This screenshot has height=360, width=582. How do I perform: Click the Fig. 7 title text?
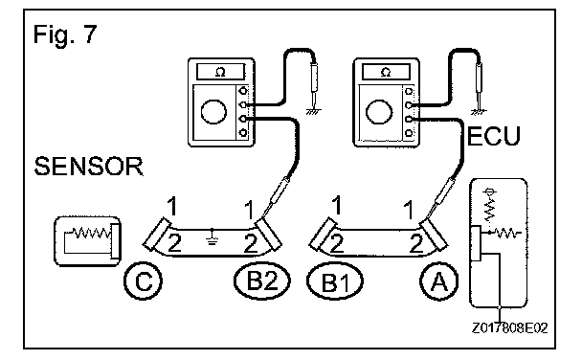click(x=65, y=34)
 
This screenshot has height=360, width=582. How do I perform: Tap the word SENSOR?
click(x=89, y=166)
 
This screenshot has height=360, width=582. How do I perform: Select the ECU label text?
click(x=494, y=136)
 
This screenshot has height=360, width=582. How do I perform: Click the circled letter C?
click(x=143, y=281)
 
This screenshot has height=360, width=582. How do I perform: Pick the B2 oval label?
click(x=262, y=281)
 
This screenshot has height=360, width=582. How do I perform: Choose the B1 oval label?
click(x=335, y=281)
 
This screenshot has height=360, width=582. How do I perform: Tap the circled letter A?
click(x=438, y=281)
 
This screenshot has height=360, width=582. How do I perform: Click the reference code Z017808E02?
click(x=509, y=328)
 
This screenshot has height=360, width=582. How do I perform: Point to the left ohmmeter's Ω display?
click(x=220, y=72)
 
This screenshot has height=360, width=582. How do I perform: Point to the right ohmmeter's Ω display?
click(x=386, y=72)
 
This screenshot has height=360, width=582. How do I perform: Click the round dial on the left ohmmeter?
click(x=213, y=111)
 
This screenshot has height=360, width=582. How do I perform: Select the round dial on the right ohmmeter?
click(x=379, y=111)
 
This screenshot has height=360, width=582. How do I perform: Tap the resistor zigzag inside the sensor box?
click(x=92, y=233)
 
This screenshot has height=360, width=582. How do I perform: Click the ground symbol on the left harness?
click(x=212, y=236)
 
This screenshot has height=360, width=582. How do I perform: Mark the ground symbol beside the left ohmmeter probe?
click(x=314, y=111)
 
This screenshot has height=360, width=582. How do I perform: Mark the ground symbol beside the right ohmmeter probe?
click(x=479, y=111)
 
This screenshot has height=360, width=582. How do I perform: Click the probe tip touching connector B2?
click(x=263, y=217)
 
